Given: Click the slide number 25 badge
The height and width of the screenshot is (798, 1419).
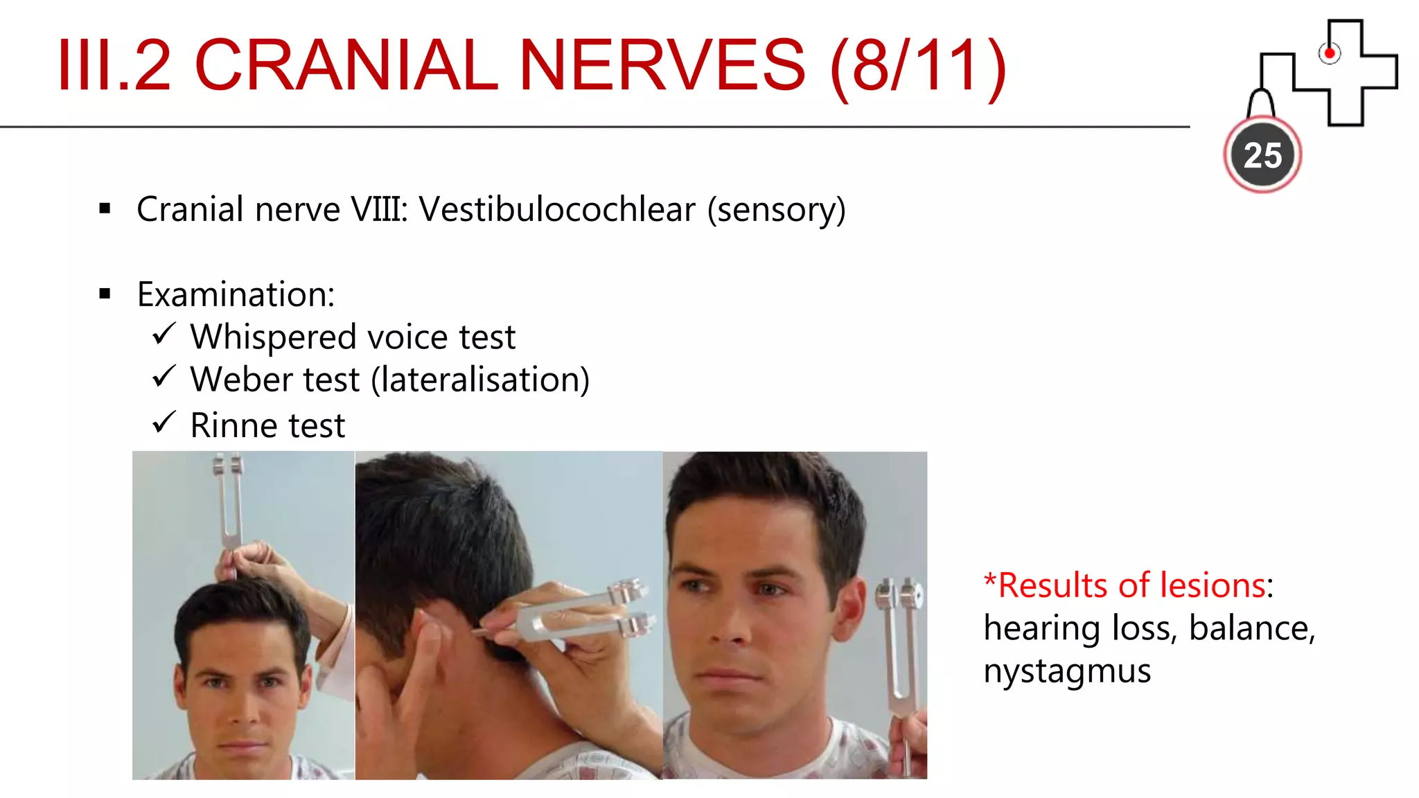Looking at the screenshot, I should click(1262, 155).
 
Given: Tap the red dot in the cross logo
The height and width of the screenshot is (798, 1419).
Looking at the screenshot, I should click(1329, 53).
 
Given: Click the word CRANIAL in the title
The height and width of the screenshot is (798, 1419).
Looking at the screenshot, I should click(346, 65).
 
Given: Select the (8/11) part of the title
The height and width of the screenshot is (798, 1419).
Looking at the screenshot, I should click(918, 66).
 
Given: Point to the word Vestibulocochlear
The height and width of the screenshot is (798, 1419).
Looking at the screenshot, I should click(557, 209).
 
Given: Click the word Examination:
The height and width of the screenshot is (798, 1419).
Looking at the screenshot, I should click(236, 294).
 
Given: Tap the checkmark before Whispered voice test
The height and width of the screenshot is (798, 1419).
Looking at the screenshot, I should click(164, 335).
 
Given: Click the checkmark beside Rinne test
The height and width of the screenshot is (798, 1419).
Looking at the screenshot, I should click(164, 422).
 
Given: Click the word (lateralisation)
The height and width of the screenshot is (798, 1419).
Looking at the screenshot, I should click(480, 380).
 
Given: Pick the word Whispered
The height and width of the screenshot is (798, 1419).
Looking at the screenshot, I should click(273, 337).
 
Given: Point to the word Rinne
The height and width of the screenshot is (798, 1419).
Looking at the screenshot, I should click(233, 425).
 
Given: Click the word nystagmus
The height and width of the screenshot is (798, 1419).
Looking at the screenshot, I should click(1067, 671).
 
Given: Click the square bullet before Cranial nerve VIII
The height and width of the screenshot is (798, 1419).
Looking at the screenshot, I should click(105, 209).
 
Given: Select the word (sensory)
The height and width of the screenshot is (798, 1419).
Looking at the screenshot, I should click(776, 210).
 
